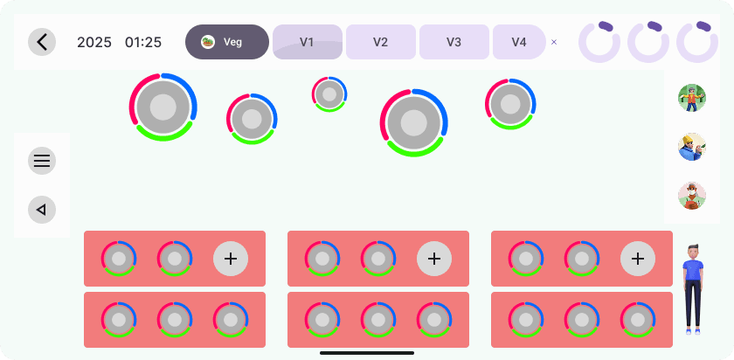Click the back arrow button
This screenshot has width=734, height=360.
(x=42, y=42)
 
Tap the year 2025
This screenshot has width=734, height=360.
(x=94, y=42)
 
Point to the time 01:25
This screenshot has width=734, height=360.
(x=143, y=42)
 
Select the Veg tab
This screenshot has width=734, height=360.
(x=227, y=42)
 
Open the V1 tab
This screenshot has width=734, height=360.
(x=307, y=42)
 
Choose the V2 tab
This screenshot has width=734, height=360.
(x=380, y=42)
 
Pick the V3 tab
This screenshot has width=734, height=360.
(x=454, y=42)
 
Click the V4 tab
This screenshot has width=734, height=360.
(x=519, y=42)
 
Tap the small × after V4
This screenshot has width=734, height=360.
(x=554, y=42)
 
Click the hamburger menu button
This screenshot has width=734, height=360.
(x=42, y=161)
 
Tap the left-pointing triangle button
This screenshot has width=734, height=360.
(x=42, y=210)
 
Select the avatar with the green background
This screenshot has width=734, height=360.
(x=692, y=98)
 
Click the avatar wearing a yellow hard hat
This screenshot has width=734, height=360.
(x=692, y=147)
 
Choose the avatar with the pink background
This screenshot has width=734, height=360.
(x=692, y=196)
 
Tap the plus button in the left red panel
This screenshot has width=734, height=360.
(x=231, y=259)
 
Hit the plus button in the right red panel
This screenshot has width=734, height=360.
(x=638, y=259)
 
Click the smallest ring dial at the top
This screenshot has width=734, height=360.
(x=329, y=94)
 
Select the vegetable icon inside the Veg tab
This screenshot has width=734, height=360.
(x=208, y=42)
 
